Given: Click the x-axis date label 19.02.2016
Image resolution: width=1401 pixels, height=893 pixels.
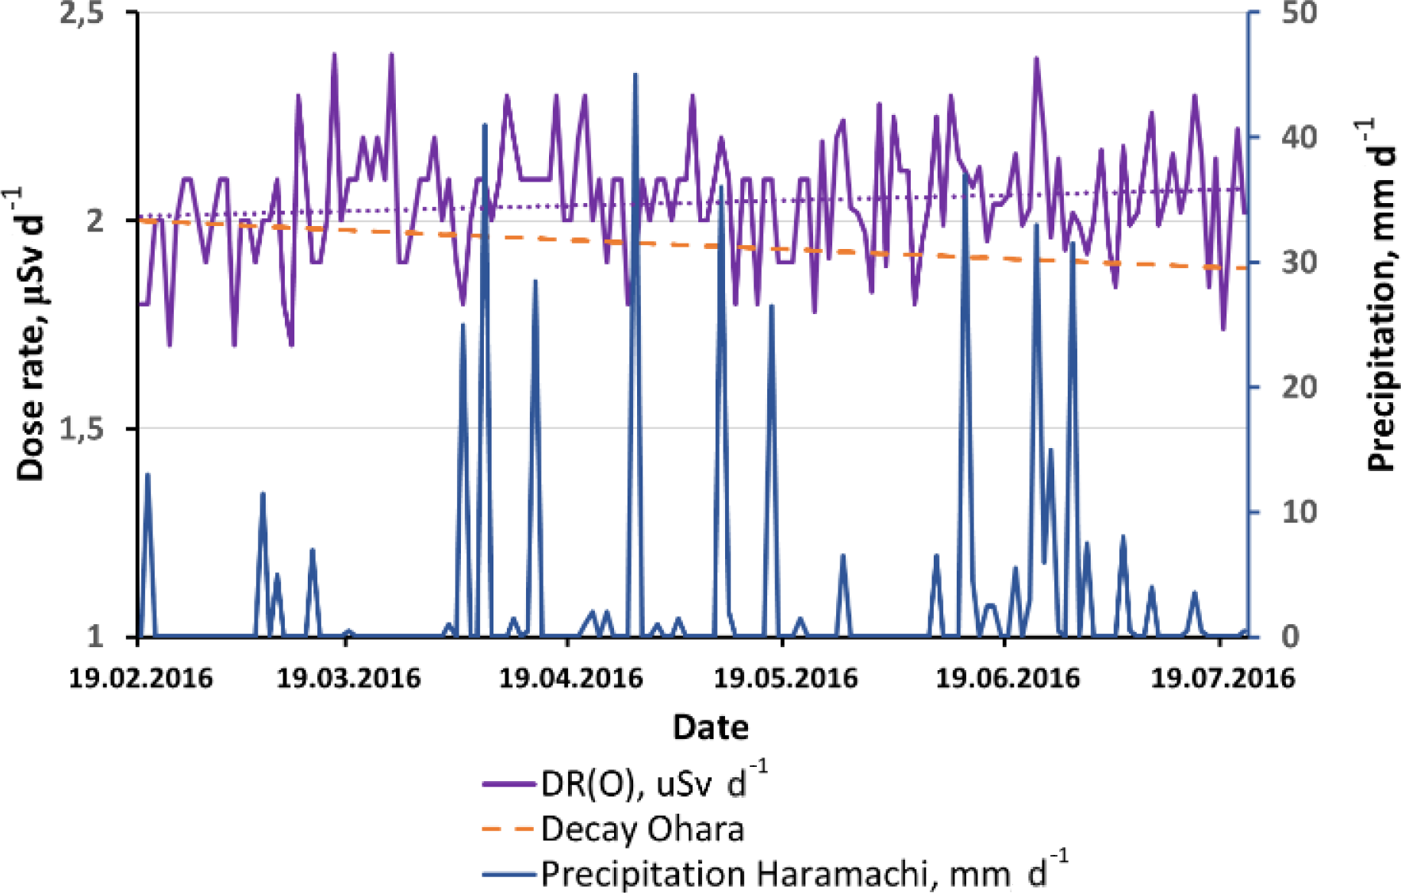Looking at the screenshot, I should (140, 679).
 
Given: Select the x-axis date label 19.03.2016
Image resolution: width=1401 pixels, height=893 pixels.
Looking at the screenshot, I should (348, 679).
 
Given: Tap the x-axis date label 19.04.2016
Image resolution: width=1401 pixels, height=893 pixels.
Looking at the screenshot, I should (570, 679).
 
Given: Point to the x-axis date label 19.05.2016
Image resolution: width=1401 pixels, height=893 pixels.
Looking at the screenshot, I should (785, 679).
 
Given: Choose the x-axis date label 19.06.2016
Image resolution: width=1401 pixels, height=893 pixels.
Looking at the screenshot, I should (1008, 679).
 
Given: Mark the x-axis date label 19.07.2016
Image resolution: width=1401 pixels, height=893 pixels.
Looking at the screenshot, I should (1223, 679).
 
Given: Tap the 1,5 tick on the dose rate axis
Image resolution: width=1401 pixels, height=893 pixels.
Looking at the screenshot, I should (82, 429).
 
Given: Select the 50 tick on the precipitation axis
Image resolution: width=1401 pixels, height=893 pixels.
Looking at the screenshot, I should (1299, 13).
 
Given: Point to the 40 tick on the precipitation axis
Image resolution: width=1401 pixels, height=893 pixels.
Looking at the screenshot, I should (1299, 137).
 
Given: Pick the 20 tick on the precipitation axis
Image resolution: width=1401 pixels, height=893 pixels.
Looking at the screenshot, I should (1299, 387).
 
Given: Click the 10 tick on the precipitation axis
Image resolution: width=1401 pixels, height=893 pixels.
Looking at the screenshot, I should (1299, 512).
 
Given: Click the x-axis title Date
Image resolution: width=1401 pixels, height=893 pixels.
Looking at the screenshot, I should (710, 727).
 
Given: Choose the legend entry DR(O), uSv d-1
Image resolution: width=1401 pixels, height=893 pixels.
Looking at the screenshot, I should (654, 784).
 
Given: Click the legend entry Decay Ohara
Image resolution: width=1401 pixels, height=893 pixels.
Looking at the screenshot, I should (643, 830).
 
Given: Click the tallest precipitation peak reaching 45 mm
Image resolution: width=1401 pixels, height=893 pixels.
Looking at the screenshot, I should (635, 75).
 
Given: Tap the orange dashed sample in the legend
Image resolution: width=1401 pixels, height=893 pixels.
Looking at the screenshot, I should (508, 830).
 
